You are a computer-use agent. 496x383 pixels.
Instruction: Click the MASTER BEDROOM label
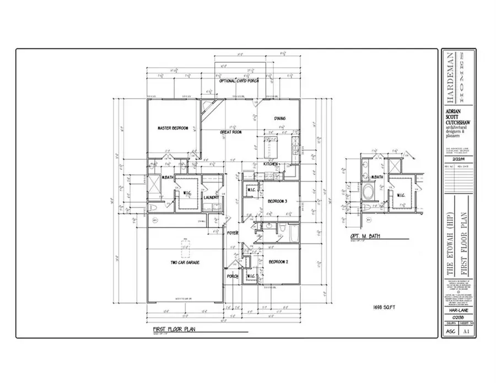pyautogui.click(x=172, y=128)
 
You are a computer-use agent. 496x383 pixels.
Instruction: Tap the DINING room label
pyautogui.click(x=280, y=118)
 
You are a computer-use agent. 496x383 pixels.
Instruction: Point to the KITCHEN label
pyautogui.click(x=269, y=164)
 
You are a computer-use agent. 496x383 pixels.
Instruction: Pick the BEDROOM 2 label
pyautogui.click(x=278, y=262)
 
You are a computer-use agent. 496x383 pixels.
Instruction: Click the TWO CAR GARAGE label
pyautogui.click(x=185, y=262)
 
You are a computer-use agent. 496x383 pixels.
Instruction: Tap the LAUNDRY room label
pyautogui.click(x=212, y=197)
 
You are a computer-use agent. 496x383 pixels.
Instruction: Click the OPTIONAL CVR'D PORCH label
pyautogui.click(x=239, y=81)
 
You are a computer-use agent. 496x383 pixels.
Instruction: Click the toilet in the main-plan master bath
pyautogui.click(x=155, y=208)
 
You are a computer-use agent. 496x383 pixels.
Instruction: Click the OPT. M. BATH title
pyautogui.click(x=362, y=238)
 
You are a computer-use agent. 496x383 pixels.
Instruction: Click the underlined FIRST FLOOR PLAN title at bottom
pyautogui.click(x=173, y=330)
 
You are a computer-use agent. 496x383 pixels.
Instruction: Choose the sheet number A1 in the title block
pyautogui.click(x=466, y=332)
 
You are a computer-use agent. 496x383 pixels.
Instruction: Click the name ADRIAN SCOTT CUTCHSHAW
pyautogui.click(x=458, y=117)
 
